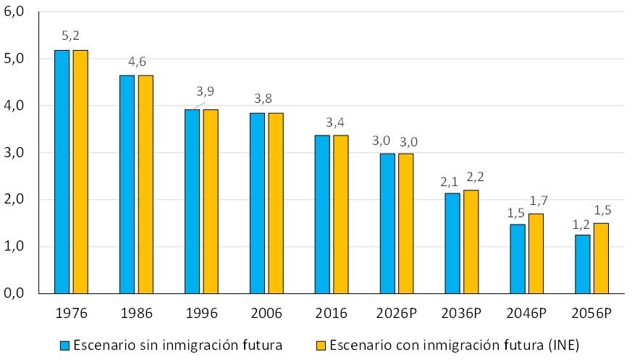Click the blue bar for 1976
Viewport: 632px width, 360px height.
pos(62,172)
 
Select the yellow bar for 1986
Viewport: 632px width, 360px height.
pos(146,184)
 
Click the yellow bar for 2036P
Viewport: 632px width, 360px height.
pos(471,241)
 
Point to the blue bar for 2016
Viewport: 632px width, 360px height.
pos(322,214)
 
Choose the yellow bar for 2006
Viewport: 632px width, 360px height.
pos(276,203)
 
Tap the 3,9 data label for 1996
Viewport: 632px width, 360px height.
pos(205,91)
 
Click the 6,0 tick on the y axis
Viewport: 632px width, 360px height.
pos(14,12)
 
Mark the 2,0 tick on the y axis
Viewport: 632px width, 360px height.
pos(14,199)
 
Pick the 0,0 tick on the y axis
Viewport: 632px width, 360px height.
pos(14,293)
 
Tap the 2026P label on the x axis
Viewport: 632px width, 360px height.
pos(397,314)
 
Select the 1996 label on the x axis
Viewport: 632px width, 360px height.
pos(201,314)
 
